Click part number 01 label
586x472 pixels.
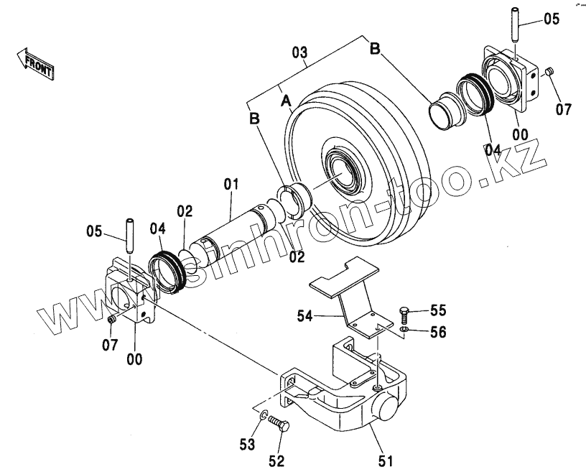[231, 185]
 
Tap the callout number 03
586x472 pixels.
[299, 52]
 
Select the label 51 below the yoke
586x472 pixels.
[386, 461]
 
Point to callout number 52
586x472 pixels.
[276, 461]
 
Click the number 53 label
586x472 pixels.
[247, 445]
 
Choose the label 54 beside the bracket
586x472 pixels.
[305, 316]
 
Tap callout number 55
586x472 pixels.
[438, 310]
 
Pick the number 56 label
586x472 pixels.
[438, 332]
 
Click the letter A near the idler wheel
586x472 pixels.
[286, 101]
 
